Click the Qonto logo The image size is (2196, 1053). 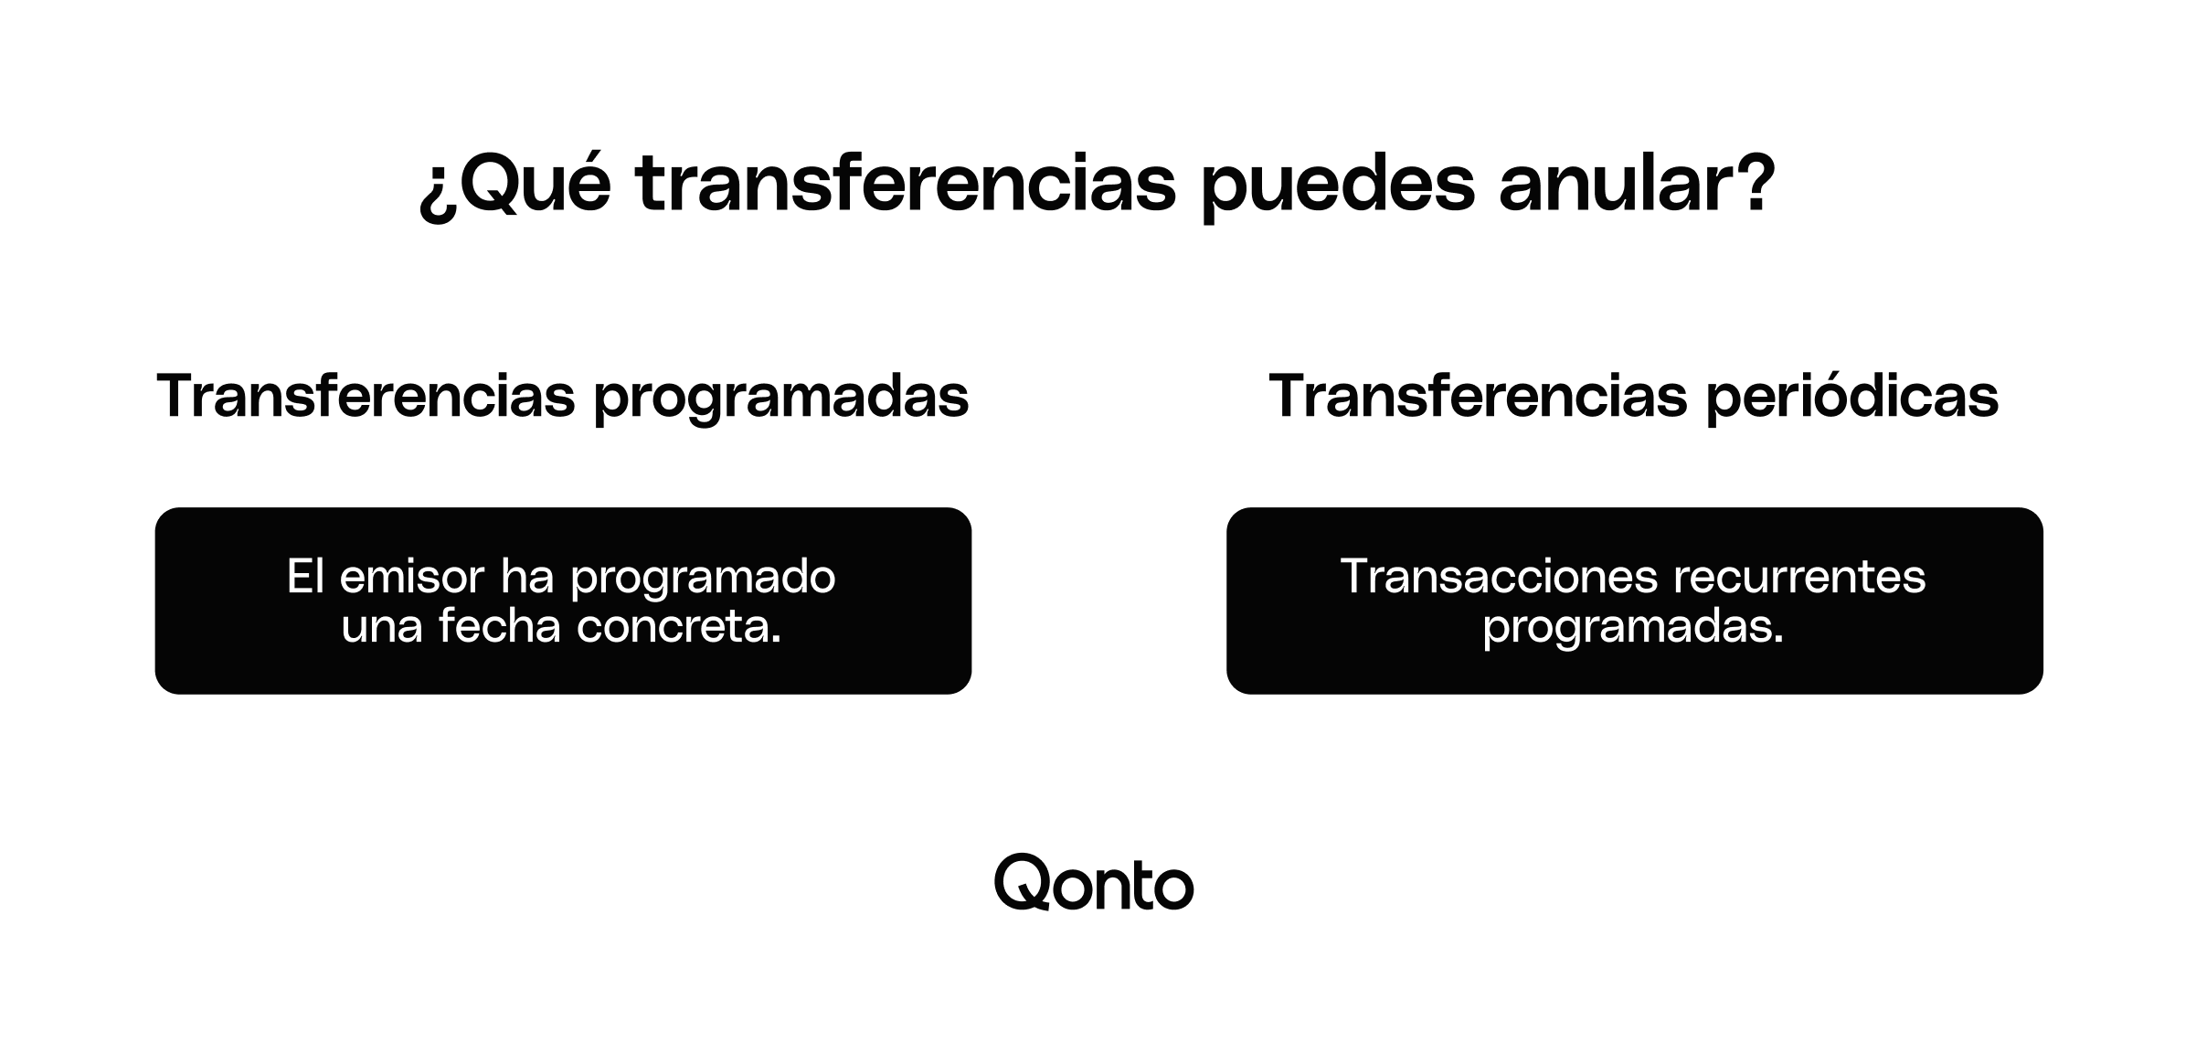(x=1094, y=884)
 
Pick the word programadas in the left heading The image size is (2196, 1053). (x=781, y=399)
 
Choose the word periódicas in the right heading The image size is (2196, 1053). (x=1852, y=399)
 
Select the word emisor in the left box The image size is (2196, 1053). (x=411, y=577)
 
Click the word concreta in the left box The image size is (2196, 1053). (x=678, y=627)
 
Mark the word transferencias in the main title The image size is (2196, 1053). (x=906, y=186)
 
